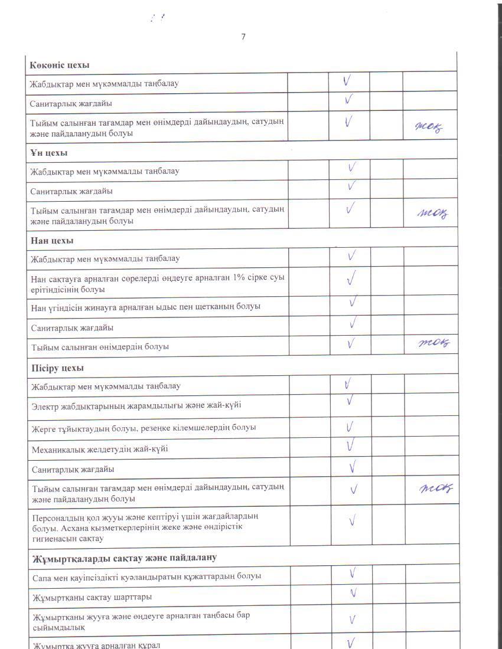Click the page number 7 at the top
pos(243,37)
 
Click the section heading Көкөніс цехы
pos(60,64)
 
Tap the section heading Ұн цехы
pos(49,153)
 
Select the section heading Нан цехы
pos(52,241)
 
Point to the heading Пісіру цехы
pos(57,368)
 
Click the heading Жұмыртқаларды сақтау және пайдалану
pos(124,557)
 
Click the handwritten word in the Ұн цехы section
pos(432,214)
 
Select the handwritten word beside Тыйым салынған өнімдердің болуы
pos(434,343)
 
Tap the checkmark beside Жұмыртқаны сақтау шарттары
pos(353,593)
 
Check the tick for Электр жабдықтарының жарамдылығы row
pos(350,401)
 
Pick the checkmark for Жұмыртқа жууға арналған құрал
pos(351,643)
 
